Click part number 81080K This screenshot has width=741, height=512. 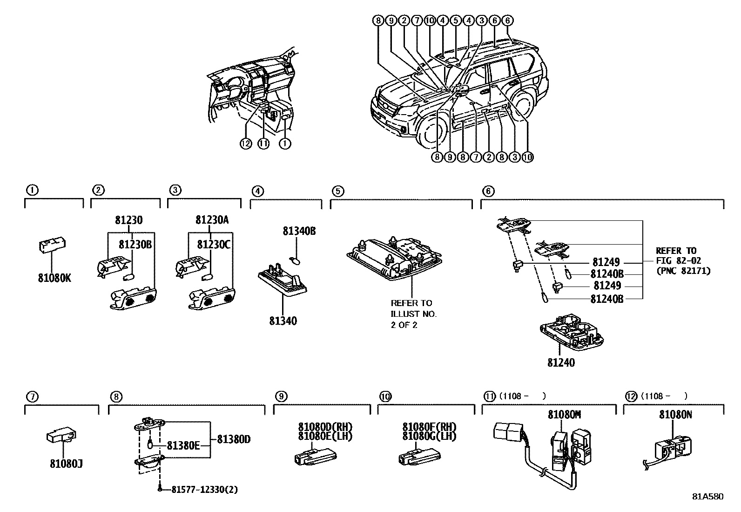coord(54,278)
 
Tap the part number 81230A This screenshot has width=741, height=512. coord(212,220)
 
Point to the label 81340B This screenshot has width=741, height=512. coord(299,231)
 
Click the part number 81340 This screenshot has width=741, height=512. coord(283,321)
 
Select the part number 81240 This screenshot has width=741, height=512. coord(561,362)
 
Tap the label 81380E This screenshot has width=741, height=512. coord(183,446)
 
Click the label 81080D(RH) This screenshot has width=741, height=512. coord(325,427)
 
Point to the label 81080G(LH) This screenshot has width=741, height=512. coord(429,437)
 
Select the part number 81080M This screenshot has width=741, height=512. coord(564,415)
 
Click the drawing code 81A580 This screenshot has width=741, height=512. coord(707,497)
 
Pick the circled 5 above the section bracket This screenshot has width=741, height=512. coord(337,191)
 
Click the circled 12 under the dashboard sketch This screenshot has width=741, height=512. coord(246,144)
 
